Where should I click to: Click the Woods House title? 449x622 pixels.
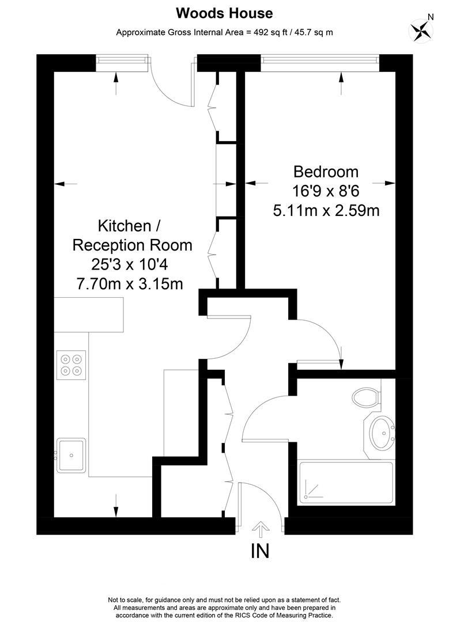tap(224, 13)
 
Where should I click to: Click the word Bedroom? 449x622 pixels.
tap(326, 172)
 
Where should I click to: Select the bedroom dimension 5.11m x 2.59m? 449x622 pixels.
tap(326, 211)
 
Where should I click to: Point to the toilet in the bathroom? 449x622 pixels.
tap(366, 397)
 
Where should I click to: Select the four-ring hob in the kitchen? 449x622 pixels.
tap(71, 364)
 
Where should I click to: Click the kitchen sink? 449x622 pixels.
tap(71, 454)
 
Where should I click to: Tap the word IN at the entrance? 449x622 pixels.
tap(260, 551)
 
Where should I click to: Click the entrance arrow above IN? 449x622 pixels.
tap(261, 529)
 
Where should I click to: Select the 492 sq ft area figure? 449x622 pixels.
tap(262, 32)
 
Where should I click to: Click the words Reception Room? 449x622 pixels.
tap(132, 245)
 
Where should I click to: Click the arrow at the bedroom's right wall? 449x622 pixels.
tap(389, 183)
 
